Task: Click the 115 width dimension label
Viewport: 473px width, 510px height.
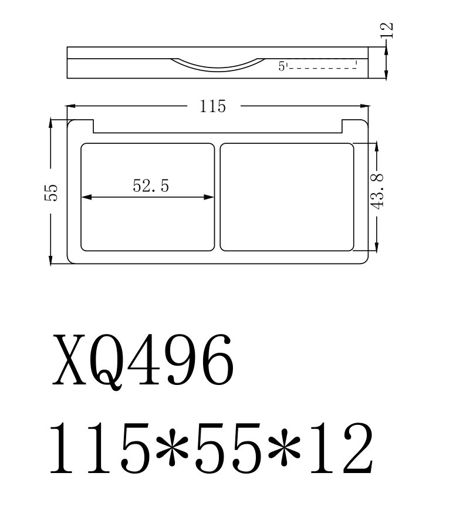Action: click(x=212, y=107)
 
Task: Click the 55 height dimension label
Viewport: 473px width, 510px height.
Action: click(x=52, y=192)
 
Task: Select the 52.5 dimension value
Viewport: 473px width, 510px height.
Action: click(x=151, y=186)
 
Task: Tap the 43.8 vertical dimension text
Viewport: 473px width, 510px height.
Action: click(x=377, y=191)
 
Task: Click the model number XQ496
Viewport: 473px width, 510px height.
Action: click(x=144, y=359)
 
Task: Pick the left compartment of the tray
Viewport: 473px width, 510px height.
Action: click(x=147, y=223)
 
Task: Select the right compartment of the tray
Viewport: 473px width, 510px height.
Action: click(x=287, y=197)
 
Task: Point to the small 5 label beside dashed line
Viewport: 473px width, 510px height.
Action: click(x=282, y=67)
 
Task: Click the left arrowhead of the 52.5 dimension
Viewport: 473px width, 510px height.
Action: click(x=85, y=197)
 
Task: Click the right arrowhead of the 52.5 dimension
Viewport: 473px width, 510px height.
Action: click(x=210, y=197)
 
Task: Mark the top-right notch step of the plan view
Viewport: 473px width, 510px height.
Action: click(x=343, y=126)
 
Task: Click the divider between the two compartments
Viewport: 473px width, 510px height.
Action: click(x=217, y=197)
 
